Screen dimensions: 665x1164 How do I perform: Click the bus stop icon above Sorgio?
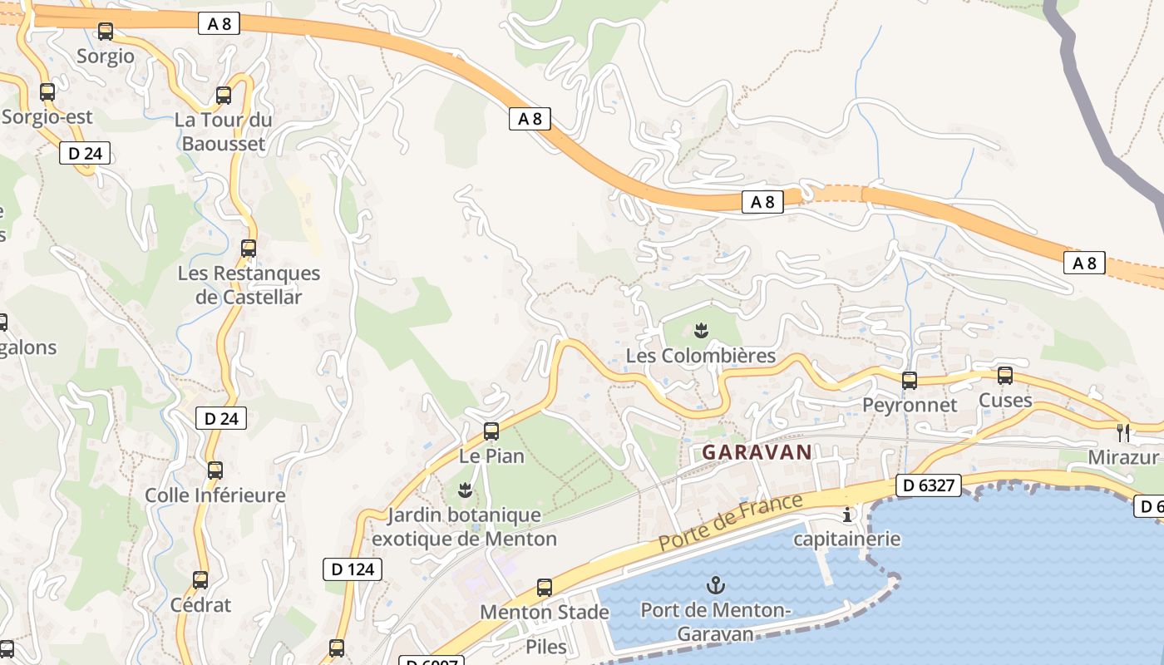click(106, 32)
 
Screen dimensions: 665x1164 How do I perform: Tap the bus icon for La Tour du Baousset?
click(224, 96)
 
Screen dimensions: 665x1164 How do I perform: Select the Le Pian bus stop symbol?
click(491, 431)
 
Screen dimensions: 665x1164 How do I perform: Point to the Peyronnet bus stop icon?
click(910, 381)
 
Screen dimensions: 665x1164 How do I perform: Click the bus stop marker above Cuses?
click(1005, 376)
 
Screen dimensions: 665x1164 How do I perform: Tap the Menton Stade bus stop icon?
click(545, 588)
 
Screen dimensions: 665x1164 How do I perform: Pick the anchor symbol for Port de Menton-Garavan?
click(715, 585)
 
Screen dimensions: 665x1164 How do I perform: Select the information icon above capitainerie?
click(847, 515)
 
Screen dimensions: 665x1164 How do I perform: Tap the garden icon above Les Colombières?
click(702, 331)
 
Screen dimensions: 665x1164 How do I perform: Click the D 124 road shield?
click(353, 569)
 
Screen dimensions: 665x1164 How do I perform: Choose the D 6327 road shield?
click(928, 485)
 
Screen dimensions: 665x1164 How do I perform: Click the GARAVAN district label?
click(757, 452)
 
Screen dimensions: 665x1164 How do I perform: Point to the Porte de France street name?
click(732, 521)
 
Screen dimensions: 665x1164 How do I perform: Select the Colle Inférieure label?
click(215, 495)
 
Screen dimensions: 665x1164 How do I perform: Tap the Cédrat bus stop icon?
click(200, 580)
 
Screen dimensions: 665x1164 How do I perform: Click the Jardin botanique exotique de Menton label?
click(465, 527)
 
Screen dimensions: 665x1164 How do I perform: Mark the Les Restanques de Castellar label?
click(249, 285)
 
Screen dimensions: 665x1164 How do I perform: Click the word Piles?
click(546, 647)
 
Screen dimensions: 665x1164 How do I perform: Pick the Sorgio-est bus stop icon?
click(47, 92)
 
